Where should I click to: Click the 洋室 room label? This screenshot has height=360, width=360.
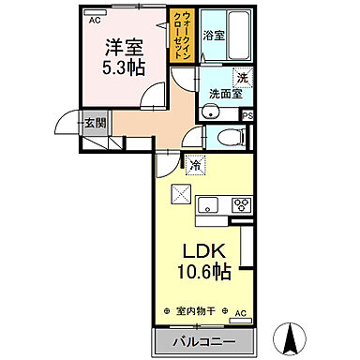pyautogui.click(x=123, y=44)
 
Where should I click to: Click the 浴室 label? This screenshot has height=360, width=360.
pyautogui.click(x=215, y=36)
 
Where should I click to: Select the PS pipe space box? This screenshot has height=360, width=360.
pyautogui.click(x=247, y=115)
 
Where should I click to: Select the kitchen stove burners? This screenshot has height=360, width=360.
pyautogui.click(x=242, y=205)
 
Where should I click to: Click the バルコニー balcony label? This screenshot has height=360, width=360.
pyautogui.click(x=202, y=338)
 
